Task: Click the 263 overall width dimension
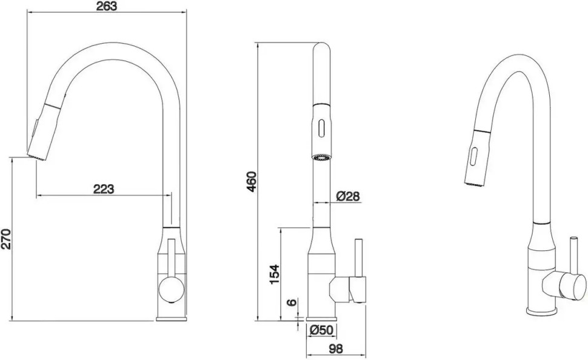click(x=106, y=7)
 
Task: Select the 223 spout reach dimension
click(x=104, y=188)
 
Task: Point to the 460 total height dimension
click(x=252, y=181)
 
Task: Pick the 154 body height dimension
click(x=274, y=274)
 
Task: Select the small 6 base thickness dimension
click(x=294, y=302)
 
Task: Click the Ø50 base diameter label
click(x=322, y=330)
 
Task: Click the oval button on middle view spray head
click(x=322, y=128)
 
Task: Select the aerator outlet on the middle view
click(x=321, y=157)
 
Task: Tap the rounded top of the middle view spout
click(x=322, y=48)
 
